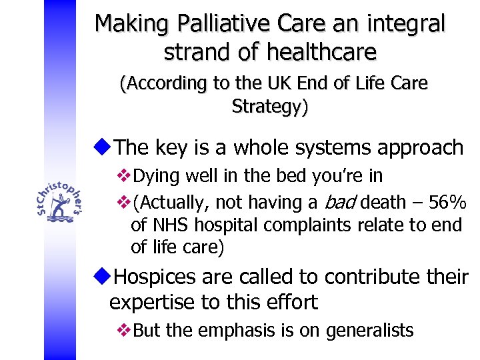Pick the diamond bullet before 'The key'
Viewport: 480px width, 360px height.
coord(104,147)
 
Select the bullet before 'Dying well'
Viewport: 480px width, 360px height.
coord(123,176)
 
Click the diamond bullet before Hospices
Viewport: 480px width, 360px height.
coord(104,275)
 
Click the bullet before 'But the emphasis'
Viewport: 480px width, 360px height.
coord(123,330)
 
